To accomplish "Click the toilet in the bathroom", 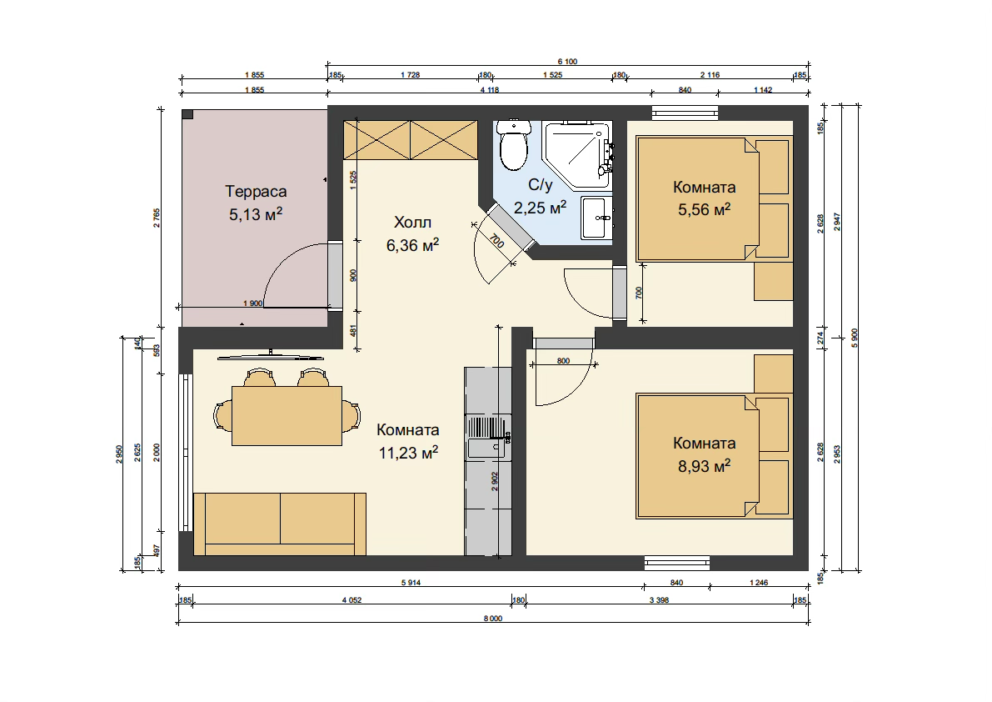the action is (x=513, y=144).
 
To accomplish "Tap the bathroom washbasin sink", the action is (x=596, y=218).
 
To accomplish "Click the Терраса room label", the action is (x=256, y=191).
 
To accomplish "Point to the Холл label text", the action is (x=412, y=222).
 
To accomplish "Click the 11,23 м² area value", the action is (x=409, y=453).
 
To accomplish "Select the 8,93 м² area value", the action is (x=704, y=466).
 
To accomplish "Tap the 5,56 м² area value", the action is (x=704, y=209).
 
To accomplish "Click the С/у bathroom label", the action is (x=541, y=185).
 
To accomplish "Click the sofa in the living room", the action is (x=280, y=524).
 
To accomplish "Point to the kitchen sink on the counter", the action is (x=487, y=437).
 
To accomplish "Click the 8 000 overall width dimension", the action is (x=493, y=619).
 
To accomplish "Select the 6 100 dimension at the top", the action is (x=567, y=62).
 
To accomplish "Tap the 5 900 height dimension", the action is (x=855, y=338).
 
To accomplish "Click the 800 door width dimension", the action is (x=563, y=361).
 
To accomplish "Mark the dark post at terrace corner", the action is (x=187, y=114).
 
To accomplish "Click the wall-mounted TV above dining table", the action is (x=271, y=356).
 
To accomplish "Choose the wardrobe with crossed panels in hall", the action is (x=411, y=140).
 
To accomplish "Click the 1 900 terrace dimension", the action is (x=252, y=303).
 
